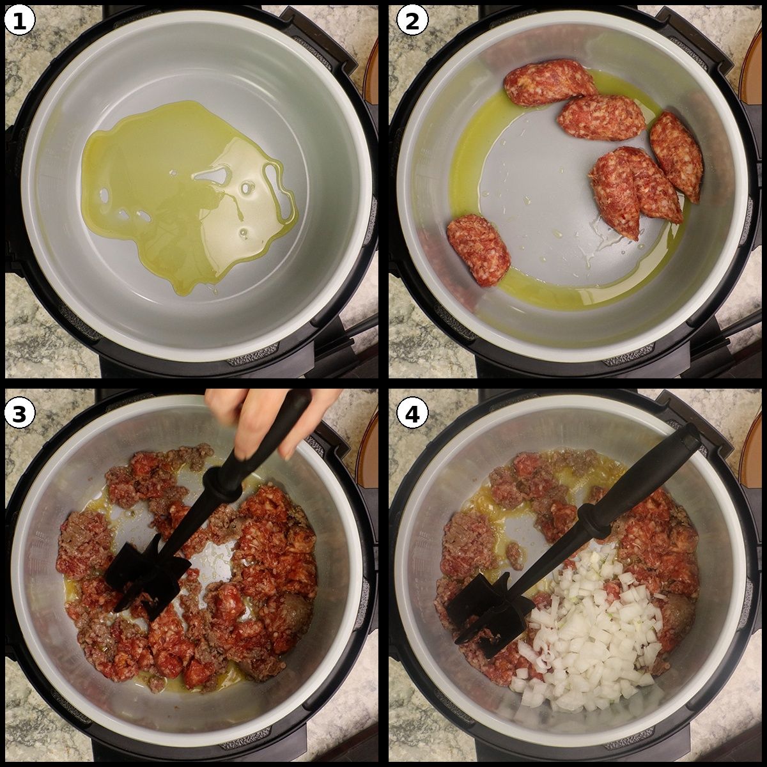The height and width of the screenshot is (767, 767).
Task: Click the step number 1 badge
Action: (x=20, y=21)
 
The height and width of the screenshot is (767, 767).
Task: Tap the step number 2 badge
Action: (x=412, y=21)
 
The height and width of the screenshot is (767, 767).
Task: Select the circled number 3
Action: (x=20, y=414)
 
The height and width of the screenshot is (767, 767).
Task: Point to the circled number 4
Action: (x=412, y=414)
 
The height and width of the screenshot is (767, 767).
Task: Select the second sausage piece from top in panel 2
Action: (x=601, y=118)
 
